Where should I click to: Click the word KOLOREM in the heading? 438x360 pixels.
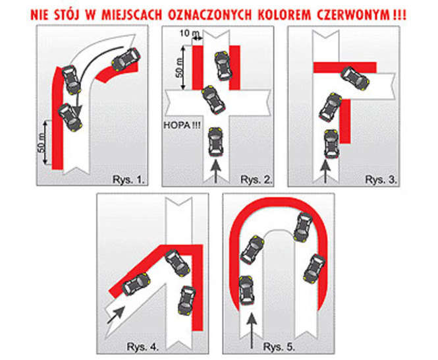click(285, 15)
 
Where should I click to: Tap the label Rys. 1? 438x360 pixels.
click(129, 179)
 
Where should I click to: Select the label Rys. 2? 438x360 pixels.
click(256, 179)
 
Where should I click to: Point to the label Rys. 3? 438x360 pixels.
click(381, 179)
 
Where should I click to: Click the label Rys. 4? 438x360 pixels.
click(143, 347)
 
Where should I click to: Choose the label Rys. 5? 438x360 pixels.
click(279, 347)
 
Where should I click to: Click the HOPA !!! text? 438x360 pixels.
click(182, 125)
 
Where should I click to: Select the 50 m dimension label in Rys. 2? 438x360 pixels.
click(181, 68)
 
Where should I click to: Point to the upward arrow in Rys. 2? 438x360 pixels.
click(215, 171)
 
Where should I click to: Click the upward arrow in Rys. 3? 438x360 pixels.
click(325, 171)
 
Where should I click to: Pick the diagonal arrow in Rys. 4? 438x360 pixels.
click(116, 315)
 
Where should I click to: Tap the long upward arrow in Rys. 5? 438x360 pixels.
click(252, 330)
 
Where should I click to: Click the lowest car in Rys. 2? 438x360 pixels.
click(215, 142)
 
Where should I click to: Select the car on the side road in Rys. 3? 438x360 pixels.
click(355, 78)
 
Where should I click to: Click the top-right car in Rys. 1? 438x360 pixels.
click(126, 59)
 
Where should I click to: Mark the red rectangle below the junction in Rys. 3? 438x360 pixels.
click(345, 121)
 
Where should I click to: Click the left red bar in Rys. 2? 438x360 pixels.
click(198, 68)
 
